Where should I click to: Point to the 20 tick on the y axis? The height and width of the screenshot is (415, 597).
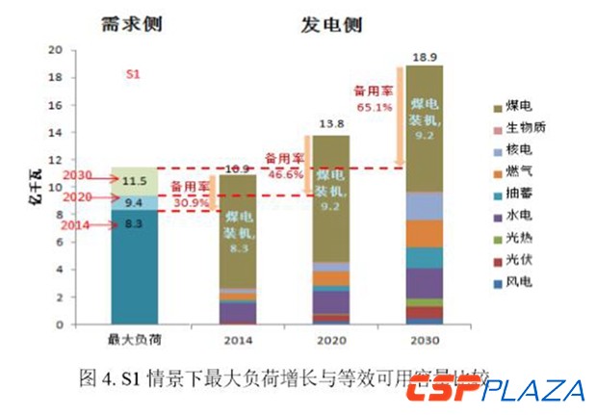pyautogui.click(x=55, y=50)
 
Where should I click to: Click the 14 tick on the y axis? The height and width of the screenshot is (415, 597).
pyautogui.click(x=55, y=133)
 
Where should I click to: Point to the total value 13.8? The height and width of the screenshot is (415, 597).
pyautogui.click(x=329, y=126)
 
